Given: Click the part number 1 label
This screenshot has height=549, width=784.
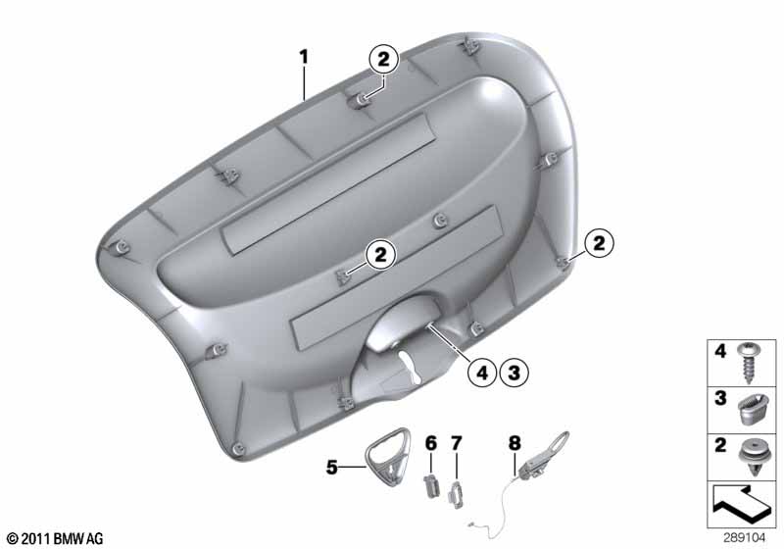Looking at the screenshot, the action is click(x=304, y=57).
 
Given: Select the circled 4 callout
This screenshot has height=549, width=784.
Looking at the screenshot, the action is click(x=482, y=373).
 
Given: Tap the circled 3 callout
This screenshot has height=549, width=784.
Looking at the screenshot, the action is click(x=514, y=373).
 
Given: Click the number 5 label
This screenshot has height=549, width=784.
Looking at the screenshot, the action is click(x=332, y=468).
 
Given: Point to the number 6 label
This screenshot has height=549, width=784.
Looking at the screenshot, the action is click(x=431, y=443).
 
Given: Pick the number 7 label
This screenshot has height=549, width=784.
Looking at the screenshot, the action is click(x=457, y=443).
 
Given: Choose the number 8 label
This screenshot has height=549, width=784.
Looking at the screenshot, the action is click(x=514, y=443).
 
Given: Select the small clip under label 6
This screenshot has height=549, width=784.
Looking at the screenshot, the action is click(x=430, y=485).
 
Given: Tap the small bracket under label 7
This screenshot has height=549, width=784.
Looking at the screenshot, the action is click(x=456, y=495).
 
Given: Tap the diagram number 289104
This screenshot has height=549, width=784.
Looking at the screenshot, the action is click(x=744, y=538).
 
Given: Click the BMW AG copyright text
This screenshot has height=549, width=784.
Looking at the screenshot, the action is click(x=56, y=538).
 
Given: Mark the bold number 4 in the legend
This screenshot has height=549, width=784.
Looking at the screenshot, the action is click(x=720, y=351).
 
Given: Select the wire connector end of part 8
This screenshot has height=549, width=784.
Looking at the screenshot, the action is click(x=473, y=524).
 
